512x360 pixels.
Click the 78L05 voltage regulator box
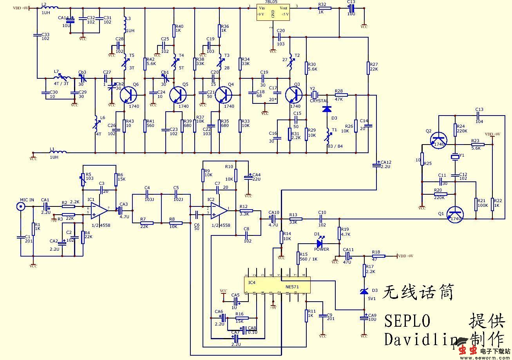tap(273, 13)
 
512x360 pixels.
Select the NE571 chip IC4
tap(277, 284)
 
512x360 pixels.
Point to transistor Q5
tap(178, 95)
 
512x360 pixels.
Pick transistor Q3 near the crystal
tap(293, 95)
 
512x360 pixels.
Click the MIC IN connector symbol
tap(22, 206)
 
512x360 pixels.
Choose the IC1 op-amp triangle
tap(98, 211)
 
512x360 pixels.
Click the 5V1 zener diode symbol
tap(364, 291)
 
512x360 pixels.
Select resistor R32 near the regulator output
tap(324, 8)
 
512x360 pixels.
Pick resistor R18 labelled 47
tap(378, 256)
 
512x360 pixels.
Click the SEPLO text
tap(407, 320)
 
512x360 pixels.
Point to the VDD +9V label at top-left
tap(21, 8)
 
